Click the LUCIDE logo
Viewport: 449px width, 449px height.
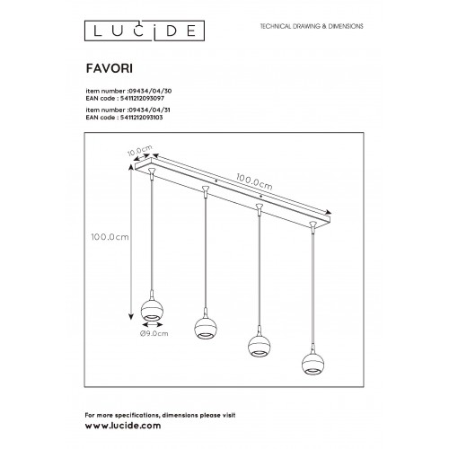pyautogui.click(x=145, y=31)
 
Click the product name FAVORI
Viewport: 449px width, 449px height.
pyautogui.click(x=110, y=68)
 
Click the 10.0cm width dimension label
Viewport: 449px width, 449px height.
pyautogui.click(x=139, y=151)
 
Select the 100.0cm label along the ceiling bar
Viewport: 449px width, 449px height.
pyautogui.click(x=254, y=181)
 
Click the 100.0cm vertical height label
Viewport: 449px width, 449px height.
pyautogui.click(x=110, y=237)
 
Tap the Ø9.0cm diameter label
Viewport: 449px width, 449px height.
pyautogui.click(x=154, y=333)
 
